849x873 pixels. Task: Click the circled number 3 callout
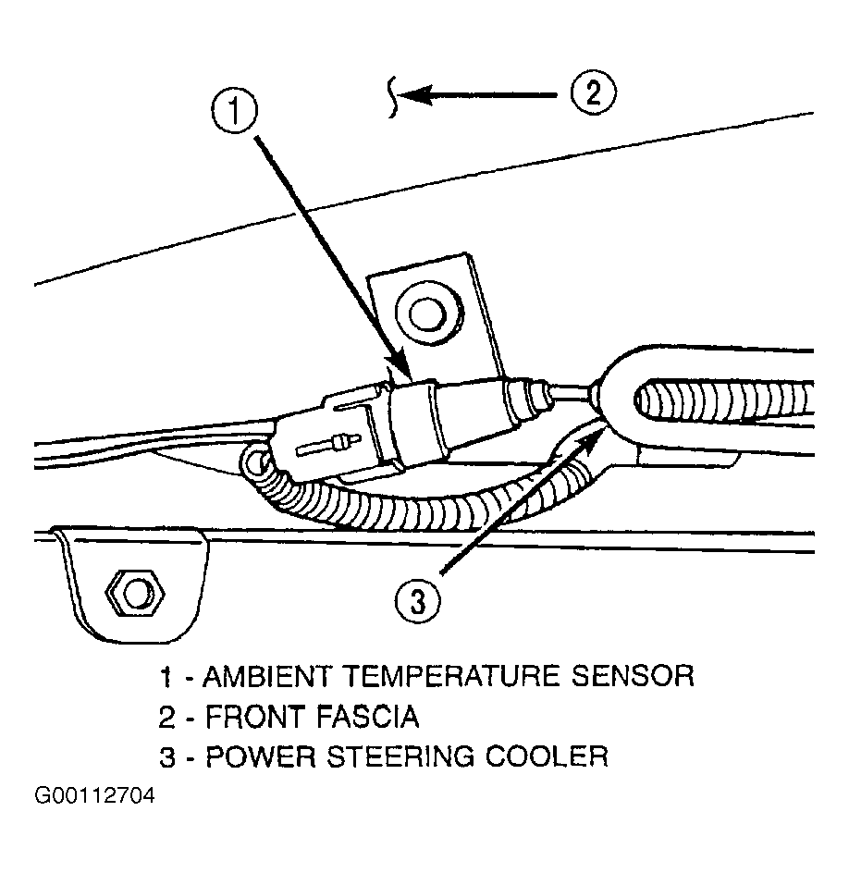pyautogui.click(x=418, y=602)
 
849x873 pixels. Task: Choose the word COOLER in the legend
pyautogui.click(x=555, y=756)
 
